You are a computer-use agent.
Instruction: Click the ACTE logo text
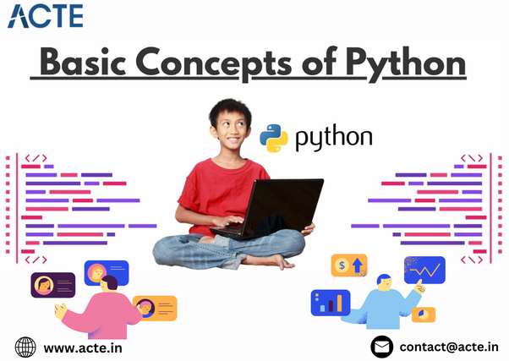pos(46,16)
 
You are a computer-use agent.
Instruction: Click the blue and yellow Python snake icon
pos(273,138)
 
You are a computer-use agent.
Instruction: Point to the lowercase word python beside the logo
pos(333,139)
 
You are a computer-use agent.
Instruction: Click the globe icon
pos(26,347)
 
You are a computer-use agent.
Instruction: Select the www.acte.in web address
pos(81,347)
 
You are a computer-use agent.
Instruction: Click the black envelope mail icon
pos(383,347)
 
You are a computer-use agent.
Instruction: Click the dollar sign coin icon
pos(342,265)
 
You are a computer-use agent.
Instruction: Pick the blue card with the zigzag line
pos(424,270)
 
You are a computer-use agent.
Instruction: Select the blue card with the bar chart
pos(330,302)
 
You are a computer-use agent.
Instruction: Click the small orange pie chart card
pos(423,315)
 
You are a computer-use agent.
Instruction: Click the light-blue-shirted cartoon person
pos(385,309)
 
